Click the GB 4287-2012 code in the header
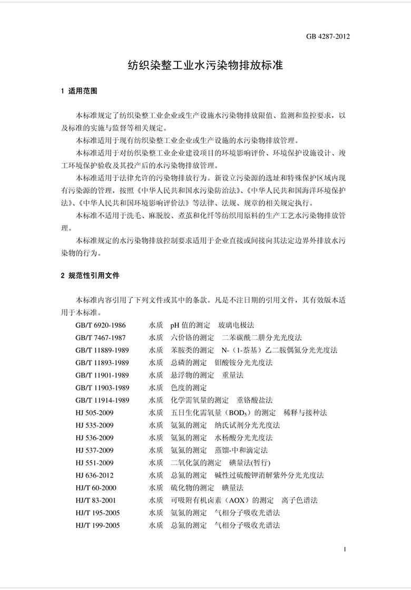click(328, 36)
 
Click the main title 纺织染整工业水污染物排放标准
click(206, 65)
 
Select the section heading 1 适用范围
click(79, 91)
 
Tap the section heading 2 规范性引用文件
click(90, 275)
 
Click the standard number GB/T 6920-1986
click(101, 325)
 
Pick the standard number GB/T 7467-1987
click(101, 337)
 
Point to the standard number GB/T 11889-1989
click(102, 350)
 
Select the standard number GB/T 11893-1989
click(102, 363)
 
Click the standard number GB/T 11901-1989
click(102, 375)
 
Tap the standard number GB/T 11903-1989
click(102, 388)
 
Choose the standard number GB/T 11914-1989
click(102, 401)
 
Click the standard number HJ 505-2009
click(94, 413)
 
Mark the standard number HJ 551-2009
click(94, 463)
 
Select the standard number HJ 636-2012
click(94, 475)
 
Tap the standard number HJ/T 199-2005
click(97, 525)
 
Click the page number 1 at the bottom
click(344, 549)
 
